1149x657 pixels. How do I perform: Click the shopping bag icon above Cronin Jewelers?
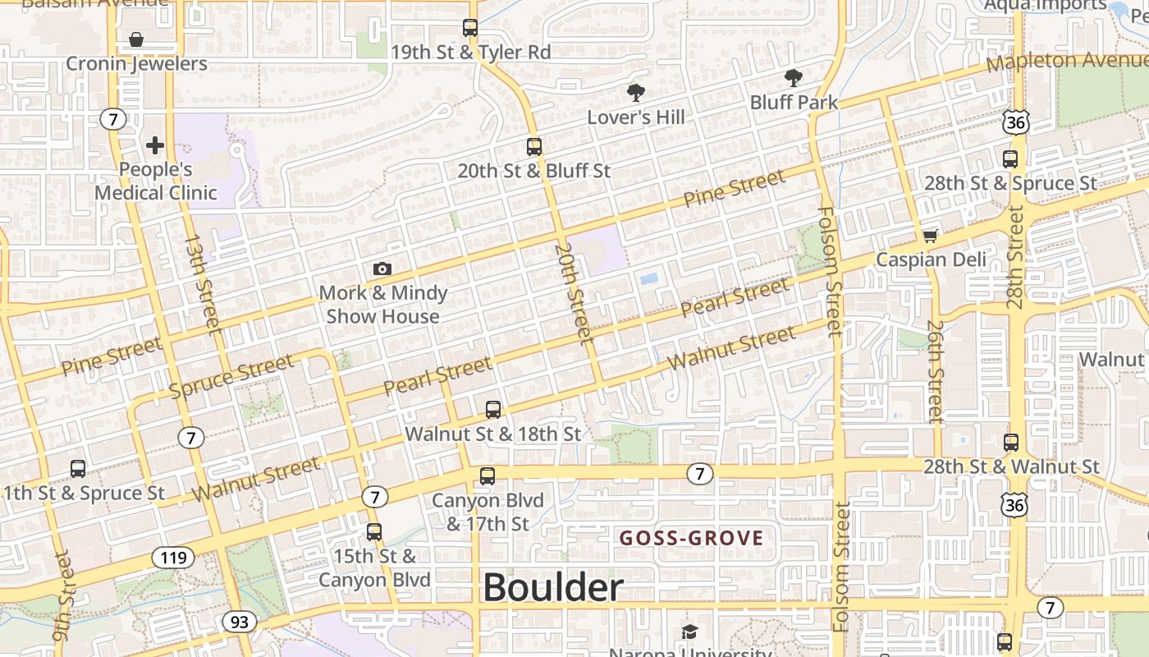tap(136, 39)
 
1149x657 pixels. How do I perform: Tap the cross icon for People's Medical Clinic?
tap(155, 146)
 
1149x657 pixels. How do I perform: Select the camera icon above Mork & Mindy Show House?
tap(382, 269)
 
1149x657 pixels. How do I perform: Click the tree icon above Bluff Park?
tap(793, 79)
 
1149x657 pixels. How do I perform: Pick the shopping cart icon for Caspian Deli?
tap(930, 237)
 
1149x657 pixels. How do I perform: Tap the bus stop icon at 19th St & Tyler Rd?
tap(470, 28)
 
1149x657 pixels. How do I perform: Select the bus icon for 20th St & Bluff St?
tap(534, 147)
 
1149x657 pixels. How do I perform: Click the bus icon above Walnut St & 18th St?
tap(493, 409)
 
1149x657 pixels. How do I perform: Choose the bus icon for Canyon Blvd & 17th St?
tap(488, 476)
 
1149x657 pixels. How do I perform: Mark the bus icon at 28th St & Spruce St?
tap(1010, 159)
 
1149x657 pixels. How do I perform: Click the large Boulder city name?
tap(553, 588)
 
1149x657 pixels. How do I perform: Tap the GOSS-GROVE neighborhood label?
tap(691, 539)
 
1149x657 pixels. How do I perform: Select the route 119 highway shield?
tap(173, 558)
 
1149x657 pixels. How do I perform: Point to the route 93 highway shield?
tap(239, 622)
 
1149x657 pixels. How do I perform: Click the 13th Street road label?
tap(204, 284)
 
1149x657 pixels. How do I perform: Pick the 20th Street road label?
tap(573, 292)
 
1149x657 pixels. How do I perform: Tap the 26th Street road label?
tap(936, 370)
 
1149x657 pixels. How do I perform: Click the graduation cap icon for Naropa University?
tap(689, 632)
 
